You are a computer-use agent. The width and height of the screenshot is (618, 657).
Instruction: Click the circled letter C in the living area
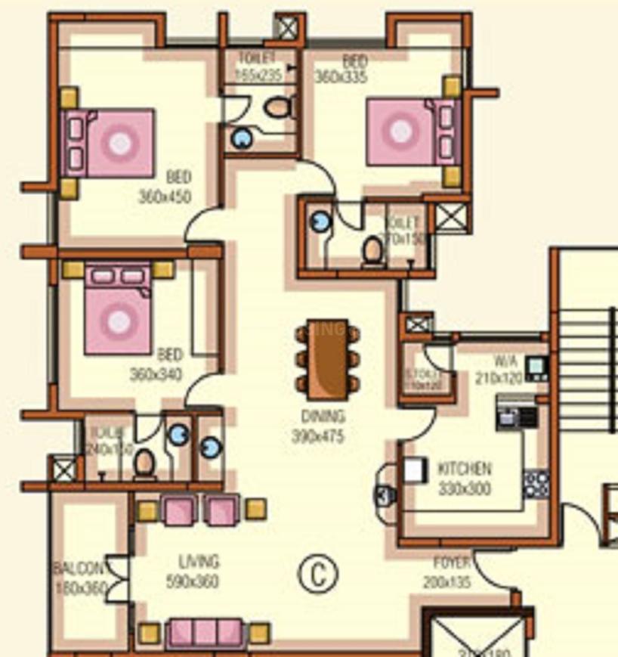point(317,575)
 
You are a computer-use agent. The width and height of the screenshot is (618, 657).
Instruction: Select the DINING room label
point(323,417)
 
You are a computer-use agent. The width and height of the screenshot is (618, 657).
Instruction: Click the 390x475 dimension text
point(318,435)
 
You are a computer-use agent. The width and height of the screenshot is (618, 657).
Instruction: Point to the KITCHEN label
point(465,470)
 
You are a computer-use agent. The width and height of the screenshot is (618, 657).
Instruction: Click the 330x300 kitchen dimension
point(464,488)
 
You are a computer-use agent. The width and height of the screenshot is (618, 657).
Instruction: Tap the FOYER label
point(452,563)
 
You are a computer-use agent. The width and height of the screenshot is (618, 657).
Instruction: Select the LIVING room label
point(199,562)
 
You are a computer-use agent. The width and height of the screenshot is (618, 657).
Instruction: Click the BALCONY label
point(79,569)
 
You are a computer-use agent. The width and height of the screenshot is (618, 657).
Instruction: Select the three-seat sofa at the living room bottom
point(205,632)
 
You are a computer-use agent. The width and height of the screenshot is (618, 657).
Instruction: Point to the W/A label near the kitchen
point(506,361)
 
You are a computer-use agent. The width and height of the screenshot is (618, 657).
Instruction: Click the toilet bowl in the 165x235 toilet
point(279,108)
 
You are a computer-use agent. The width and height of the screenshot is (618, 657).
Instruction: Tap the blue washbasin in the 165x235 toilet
point(242,138)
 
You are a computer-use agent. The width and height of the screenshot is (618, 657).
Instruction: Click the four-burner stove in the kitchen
point(536,483)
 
